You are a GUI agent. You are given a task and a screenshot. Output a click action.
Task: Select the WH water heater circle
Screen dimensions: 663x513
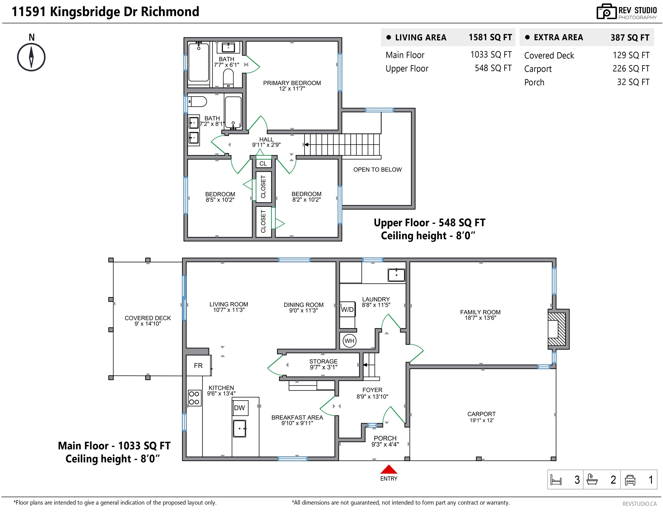pos(349,341)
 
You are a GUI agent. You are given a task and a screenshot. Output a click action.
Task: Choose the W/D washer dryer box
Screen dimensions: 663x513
pos(348,309)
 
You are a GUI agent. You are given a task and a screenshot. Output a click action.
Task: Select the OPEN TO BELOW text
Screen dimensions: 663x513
pos(377,170)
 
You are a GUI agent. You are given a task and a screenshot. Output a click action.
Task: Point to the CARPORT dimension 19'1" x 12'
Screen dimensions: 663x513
pos(481,420)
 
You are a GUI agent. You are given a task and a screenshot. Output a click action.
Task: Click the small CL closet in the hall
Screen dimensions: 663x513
pos(263,163)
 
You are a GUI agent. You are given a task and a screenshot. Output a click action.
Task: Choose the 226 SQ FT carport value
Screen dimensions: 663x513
pos(631,69)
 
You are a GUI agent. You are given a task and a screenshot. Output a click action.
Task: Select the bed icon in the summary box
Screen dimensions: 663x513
pos(556,480)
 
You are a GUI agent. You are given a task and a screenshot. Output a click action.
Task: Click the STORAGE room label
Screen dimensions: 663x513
pos(323,362)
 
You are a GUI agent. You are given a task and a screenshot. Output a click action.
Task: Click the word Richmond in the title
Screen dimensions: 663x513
pos(170,12)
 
